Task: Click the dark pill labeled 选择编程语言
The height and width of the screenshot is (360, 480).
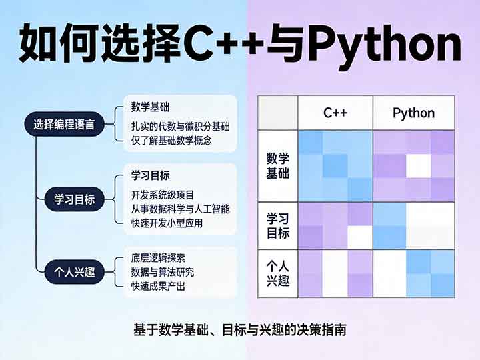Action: (x=64, y=125)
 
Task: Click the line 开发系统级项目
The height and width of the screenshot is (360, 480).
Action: (x=163, y=195)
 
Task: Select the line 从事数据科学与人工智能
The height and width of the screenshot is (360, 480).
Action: (x=181, y=209)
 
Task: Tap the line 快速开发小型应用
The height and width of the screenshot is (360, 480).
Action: (x=167, y=223)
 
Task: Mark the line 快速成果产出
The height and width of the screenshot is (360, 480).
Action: (x=159, y=287)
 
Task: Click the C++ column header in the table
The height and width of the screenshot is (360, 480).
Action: (x=335, y=113)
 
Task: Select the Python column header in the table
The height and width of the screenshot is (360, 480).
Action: (x=413, y=113)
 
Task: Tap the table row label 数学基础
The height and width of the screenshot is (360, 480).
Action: (x=278, y=166)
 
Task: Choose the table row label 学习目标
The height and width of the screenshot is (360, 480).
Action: (x=278, y=225)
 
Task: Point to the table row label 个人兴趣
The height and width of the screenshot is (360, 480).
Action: (x=278, y=273)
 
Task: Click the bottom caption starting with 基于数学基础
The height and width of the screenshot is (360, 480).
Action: (x=240, y=329)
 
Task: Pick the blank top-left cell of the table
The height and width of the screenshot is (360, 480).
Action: (x=278, y=113)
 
